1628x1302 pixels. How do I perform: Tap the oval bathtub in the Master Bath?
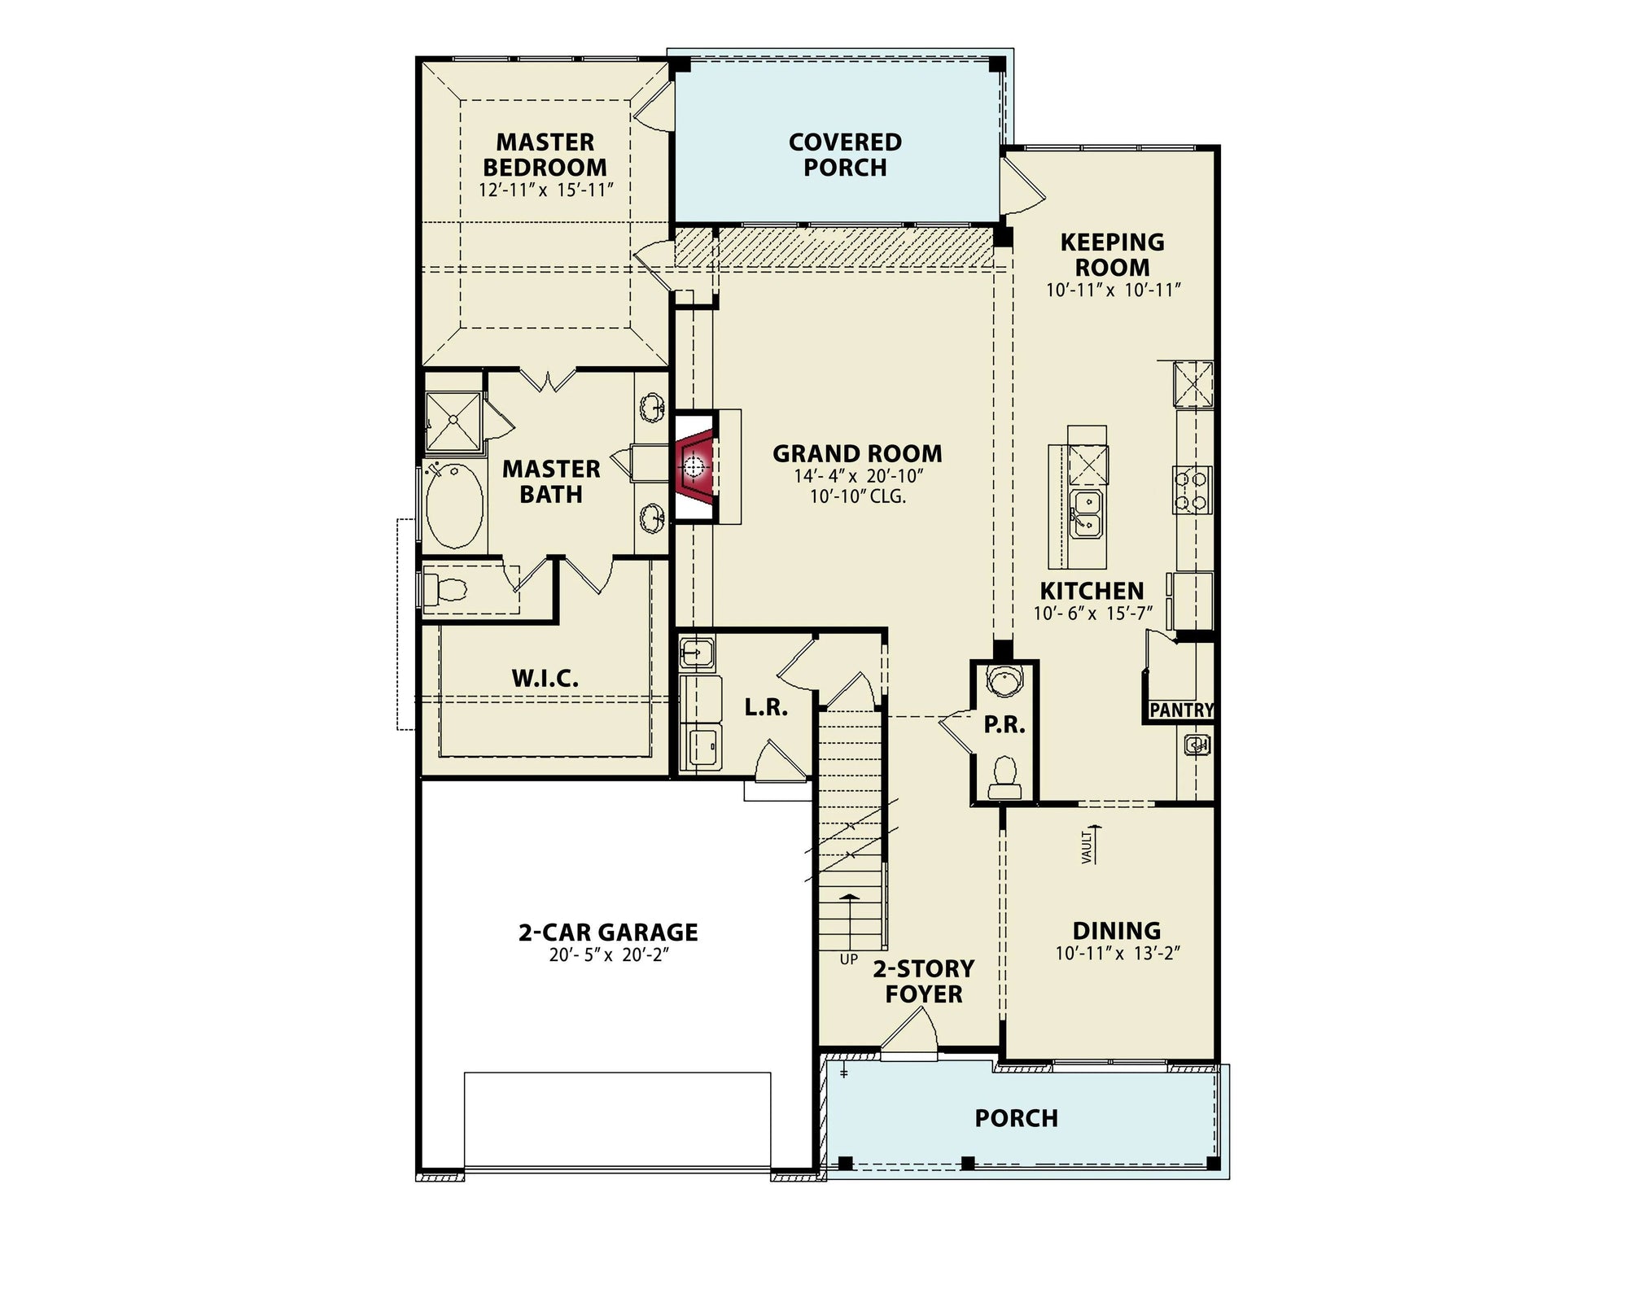[x=454, y=506]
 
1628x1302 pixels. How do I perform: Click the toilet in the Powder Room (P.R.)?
[x=1004, y=776]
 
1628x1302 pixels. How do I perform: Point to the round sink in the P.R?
[x=1004, y=679]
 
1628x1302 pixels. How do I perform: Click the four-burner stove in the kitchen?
[x=1192, y=489]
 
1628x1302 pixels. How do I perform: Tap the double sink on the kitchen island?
[x=1086, y=513]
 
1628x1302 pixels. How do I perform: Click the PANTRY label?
[x=1181, y=710]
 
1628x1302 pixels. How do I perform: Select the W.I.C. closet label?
[x=545, y=678]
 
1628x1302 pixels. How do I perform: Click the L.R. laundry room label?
[x=766, y=707]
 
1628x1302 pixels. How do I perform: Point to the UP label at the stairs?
[x=849, y=959]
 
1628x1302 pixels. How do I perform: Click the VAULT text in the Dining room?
[x=1086, y=849]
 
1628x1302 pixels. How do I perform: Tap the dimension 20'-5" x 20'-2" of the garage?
[x=608, y=955]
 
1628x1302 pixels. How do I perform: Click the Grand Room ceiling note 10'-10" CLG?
[x=857, y=496]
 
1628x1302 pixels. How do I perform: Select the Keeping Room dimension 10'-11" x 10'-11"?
[x=1113, y=290]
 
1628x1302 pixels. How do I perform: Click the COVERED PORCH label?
[x=845, y=155]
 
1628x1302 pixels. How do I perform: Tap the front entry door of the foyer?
[x=910, y=1033]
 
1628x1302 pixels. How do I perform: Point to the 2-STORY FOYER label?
[x=924, y=981]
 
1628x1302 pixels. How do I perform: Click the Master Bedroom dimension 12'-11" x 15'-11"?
[x=545, y=190]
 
